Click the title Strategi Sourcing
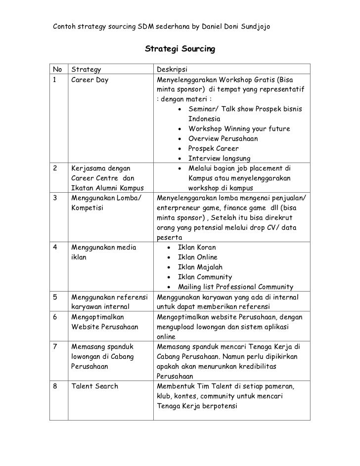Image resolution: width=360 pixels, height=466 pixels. click(x=180, y=49)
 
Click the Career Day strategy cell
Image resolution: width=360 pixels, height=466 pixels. click(x=90, y=79)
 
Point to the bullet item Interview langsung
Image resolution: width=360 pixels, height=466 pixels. click(x=219, y=159)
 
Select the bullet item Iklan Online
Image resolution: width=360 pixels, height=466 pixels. click(x=197, y=257)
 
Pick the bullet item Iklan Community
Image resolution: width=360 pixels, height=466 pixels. click(x=205, y=277)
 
